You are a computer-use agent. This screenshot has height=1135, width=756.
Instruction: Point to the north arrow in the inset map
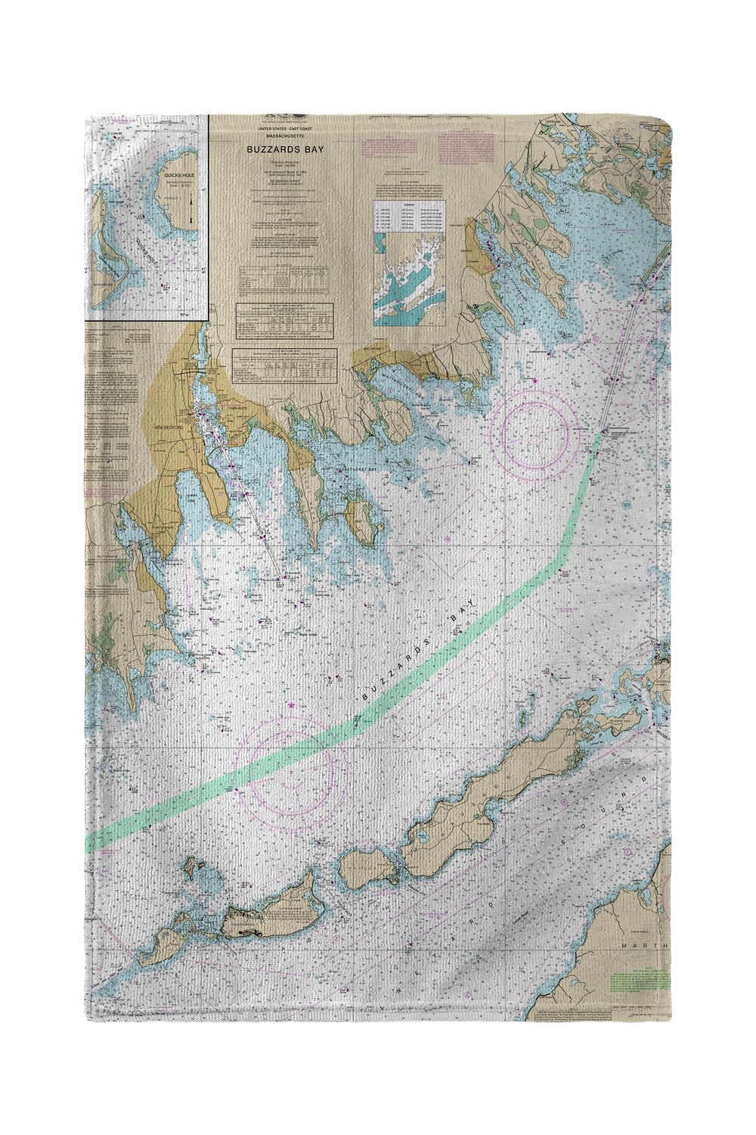point(191,209)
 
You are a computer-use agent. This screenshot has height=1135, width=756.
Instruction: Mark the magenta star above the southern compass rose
point(292,705)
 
